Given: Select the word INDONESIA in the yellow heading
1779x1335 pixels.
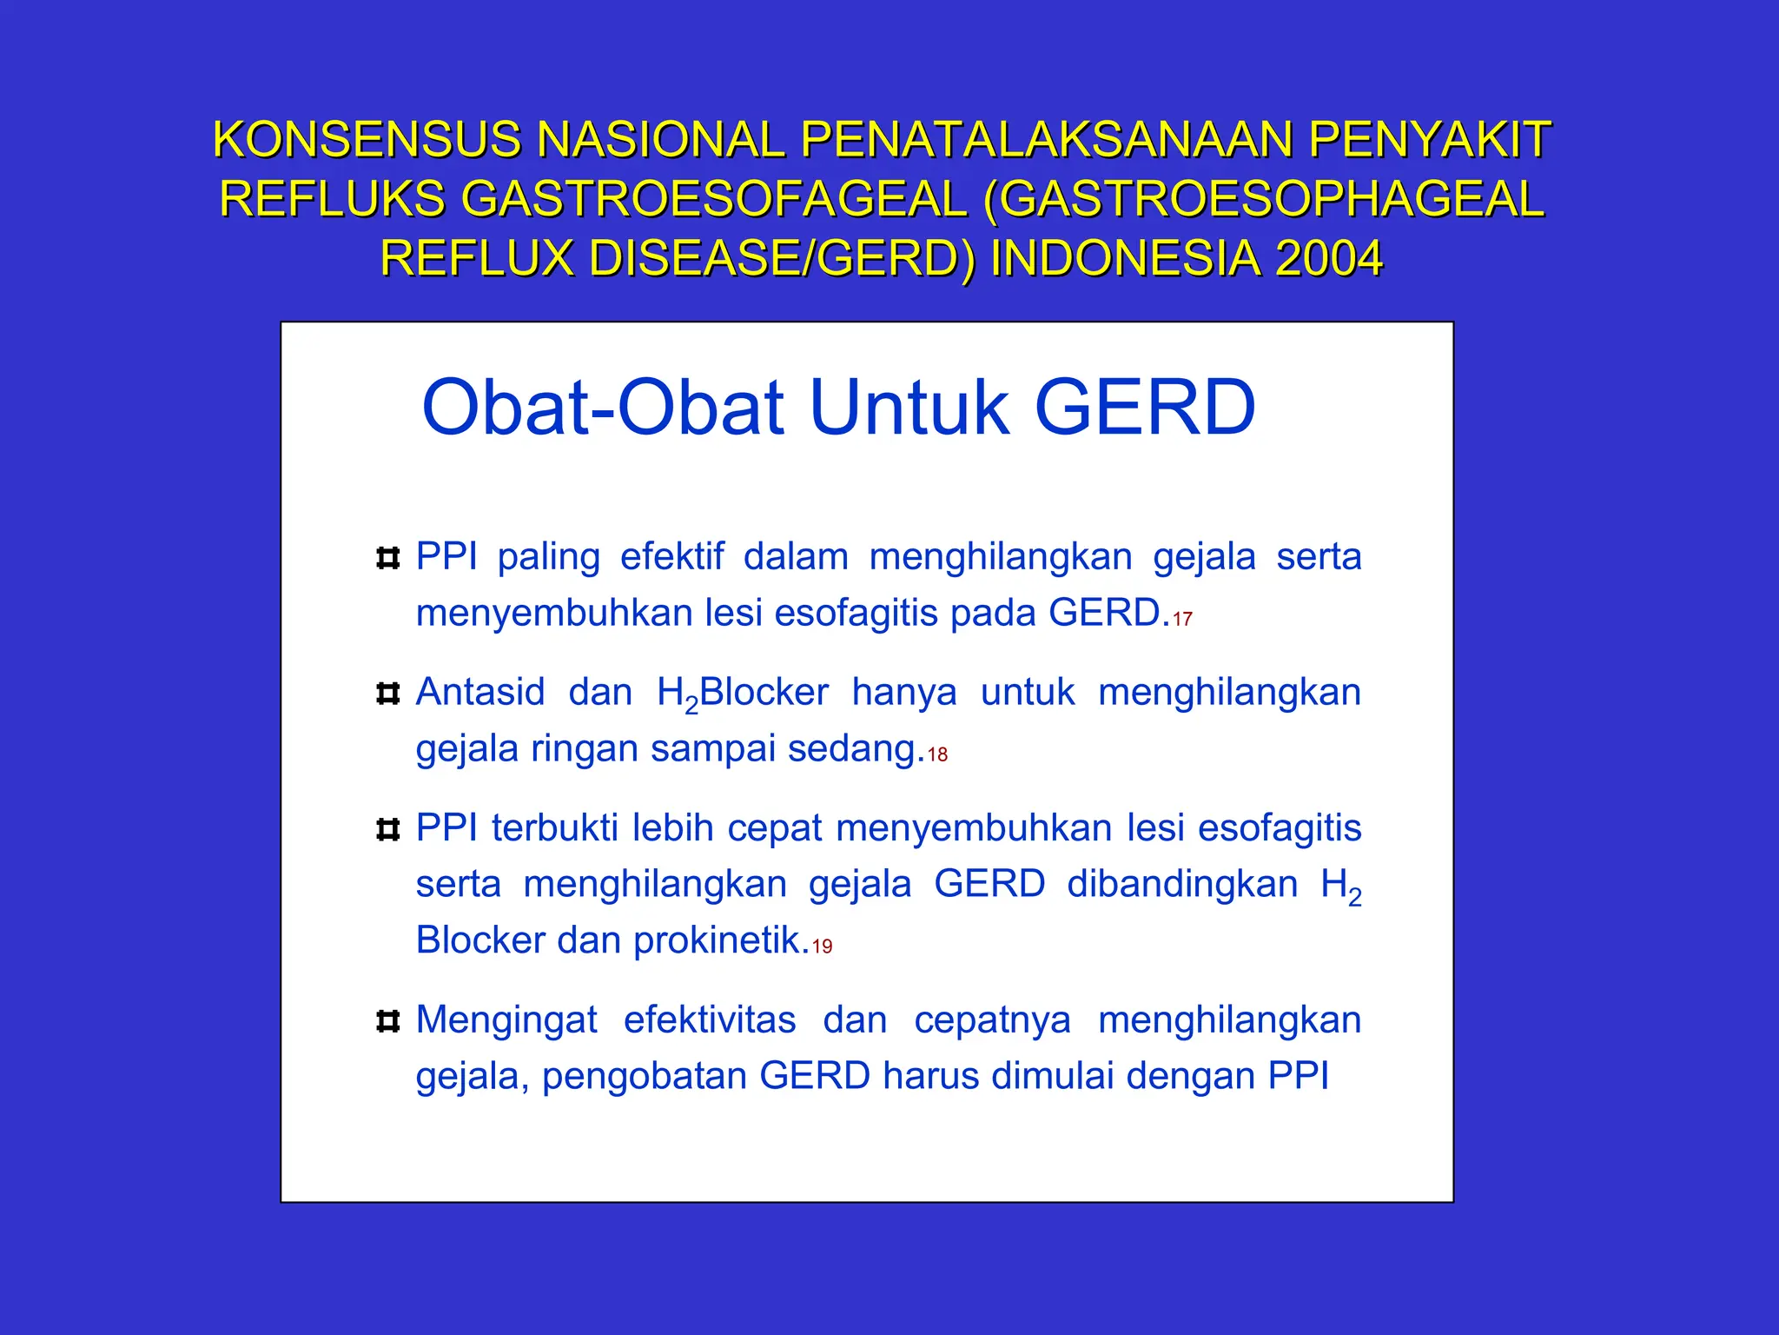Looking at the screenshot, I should (x=1125, y=258).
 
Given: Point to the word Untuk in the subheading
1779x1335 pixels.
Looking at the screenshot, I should (x=909, y=408).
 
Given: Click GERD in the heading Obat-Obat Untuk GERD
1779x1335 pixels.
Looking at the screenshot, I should (x=1145, y=408).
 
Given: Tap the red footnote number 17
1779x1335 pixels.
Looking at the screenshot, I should (x=1182, y=620).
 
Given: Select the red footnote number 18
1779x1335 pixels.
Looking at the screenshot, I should (x=937, y=755).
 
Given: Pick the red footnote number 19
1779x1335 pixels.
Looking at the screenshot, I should (x=822, y=946).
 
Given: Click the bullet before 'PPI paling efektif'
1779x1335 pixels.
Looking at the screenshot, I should (x=387, y=558).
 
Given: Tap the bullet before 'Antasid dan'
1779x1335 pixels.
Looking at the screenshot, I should (x=387, y=694).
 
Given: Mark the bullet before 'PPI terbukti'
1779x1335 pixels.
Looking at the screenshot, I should (x=387, y=829).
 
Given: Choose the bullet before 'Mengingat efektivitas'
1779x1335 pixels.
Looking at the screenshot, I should (x=387, y=1021).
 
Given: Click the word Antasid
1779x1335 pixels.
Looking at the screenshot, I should (x=479, y=693).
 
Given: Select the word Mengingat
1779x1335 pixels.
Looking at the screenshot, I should (x=506, y=1020).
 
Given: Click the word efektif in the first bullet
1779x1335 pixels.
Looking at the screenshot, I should (x=671, y=557).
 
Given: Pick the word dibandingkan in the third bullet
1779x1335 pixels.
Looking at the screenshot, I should (x=1182, y=885).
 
